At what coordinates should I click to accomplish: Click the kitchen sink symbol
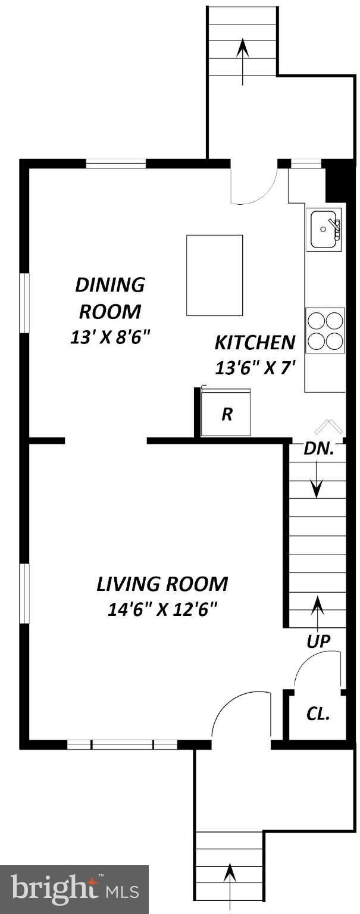(324, 229)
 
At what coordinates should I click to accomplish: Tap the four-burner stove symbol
(325, 331)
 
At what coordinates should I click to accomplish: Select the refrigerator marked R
(226, 413)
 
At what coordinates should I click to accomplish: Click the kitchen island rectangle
(214, 275)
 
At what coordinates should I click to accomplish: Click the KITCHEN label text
(255, 343)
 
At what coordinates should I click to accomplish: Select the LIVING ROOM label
(162, 584)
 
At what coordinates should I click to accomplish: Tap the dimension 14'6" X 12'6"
(162, 609)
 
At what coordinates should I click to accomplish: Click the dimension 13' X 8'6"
(109, 337)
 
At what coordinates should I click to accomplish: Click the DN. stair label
(316, 449)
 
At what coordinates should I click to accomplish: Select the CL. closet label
(318, 714)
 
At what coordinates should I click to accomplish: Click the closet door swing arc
(315, 669)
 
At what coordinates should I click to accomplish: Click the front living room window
(123, 744)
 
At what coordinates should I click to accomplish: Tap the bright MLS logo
(74, 890)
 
